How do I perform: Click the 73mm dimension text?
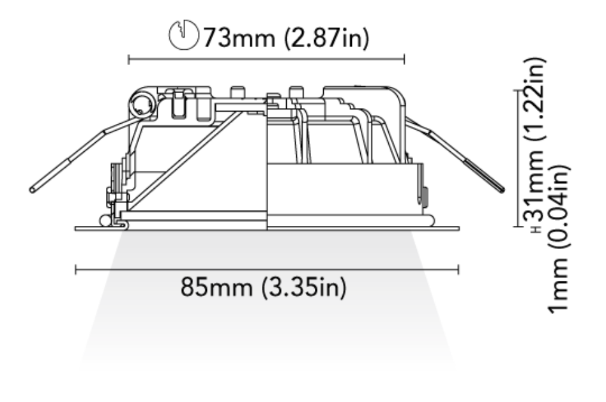click(x=239, y=38)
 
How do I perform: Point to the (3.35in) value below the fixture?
click(x=304, y=287)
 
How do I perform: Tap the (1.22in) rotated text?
click(x=534, y=101)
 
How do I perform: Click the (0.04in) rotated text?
click(x=559, y=209)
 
